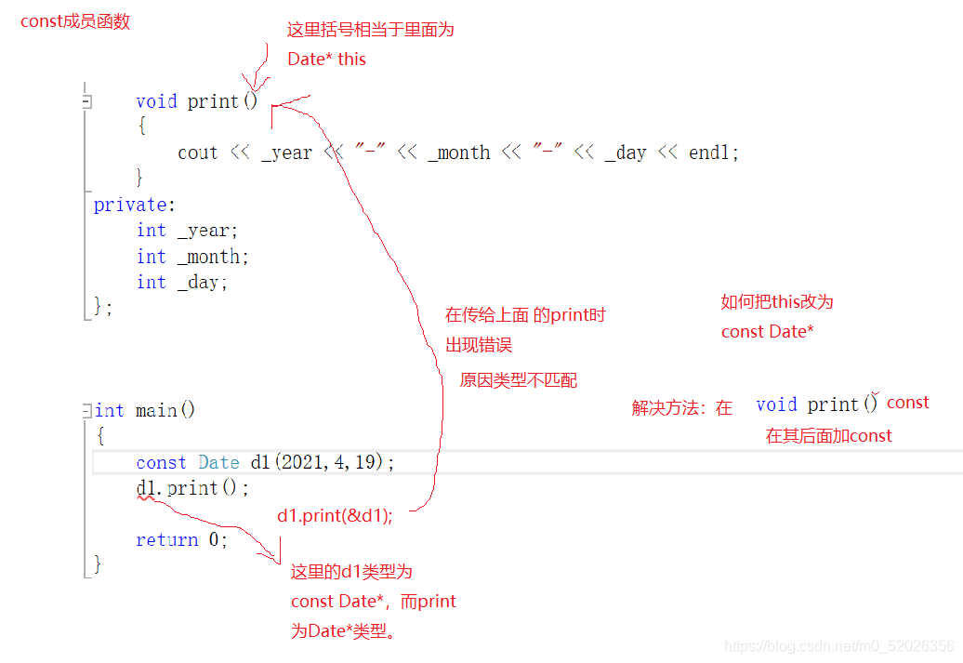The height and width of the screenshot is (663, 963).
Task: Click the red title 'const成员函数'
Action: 75,21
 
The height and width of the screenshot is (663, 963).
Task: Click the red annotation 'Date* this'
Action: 327,59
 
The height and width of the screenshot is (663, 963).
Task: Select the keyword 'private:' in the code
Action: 135,205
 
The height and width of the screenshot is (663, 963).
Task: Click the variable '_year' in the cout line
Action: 287,152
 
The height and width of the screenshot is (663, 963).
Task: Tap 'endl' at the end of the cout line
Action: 708,152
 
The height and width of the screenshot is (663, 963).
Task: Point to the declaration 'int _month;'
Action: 192,257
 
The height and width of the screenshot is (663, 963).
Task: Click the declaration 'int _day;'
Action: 182,282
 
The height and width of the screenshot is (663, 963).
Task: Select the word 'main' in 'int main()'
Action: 156,410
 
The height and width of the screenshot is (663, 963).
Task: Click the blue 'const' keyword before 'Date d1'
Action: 161,462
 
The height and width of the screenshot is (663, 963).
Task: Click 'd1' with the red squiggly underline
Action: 146,488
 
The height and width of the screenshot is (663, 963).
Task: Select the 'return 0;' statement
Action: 182,539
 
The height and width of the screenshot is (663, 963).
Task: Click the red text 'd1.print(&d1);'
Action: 335,515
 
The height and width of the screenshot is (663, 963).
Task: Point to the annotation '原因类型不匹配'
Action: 519,380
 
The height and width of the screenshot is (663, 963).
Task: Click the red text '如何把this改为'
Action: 777,301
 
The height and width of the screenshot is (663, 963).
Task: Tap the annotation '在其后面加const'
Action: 828,436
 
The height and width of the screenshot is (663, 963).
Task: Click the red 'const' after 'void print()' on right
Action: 908,403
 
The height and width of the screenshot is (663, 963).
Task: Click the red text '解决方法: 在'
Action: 681,408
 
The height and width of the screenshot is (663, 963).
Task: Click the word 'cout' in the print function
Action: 198,152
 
